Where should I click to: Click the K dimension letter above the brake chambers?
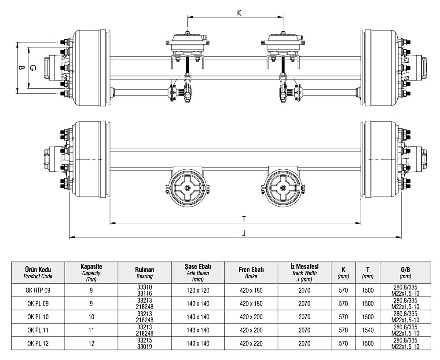239,13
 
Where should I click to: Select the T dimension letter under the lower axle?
243,218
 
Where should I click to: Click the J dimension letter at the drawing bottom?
243,233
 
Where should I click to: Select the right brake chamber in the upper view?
283,44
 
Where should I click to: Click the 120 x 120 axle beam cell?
198,290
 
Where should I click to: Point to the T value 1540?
367,330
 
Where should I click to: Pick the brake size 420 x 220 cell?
251,343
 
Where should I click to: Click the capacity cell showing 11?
92,330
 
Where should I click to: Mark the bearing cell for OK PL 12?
144,343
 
